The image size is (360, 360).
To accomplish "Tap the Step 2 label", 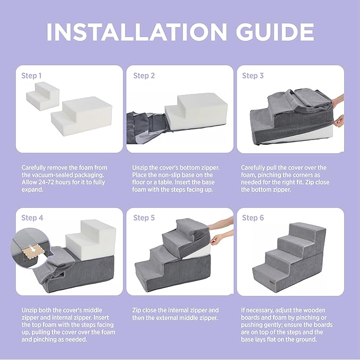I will [x=144, y=76].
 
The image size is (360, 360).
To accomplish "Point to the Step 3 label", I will [x=253, y=76].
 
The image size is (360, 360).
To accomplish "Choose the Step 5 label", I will [x=144, y=218].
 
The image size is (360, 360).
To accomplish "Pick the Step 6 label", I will [x=253, y=218].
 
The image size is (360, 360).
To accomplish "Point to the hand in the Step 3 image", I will [x=339, y=120].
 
